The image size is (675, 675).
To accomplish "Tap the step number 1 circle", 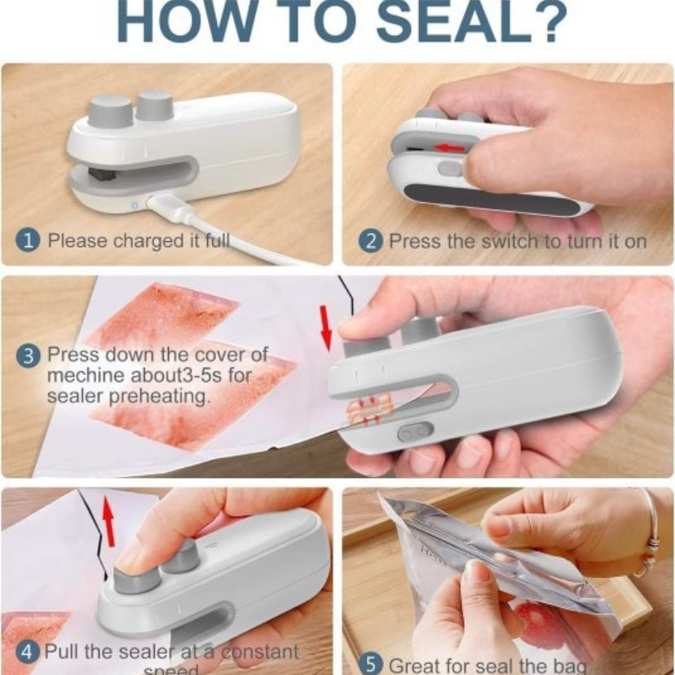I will tap(29, 240).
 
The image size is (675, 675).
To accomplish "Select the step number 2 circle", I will tap(371, 241).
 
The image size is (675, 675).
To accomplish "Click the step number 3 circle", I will tap(29, 355).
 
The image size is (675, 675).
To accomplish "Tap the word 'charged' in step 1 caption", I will tap(143, 240).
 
